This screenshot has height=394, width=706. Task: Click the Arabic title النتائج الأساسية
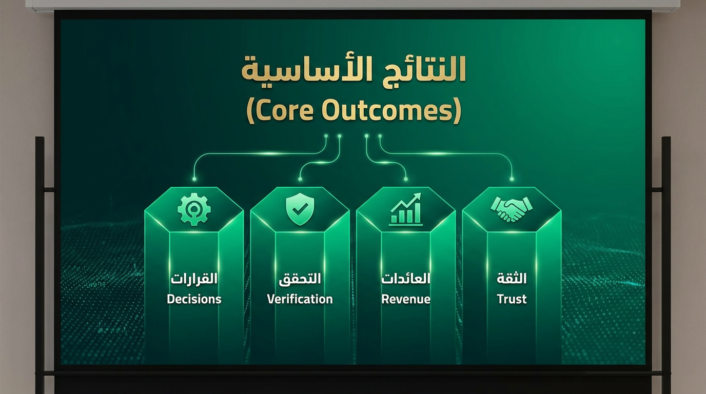tap(354, 70)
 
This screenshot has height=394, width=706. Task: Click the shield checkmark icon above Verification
tap(300, 210)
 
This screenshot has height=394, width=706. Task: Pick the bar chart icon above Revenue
tap(405, 210)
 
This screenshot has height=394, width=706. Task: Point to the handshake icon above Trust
tap(511, 209)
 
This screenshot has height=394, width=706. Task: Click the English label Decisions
tap(194, 299)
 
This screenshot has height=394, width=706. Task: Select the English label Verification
tap(300, 299)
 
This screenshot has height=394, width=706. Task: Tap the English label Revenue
tap(405, 299)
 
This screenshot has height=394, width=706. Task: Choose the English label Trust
tap(512, 299)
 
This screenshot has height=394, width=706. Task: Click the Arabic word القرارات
tap(194, 279)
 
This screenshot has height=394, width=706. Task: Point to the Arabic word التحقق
tap(300, 279)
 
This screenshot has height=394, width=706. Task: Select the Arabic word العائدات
tap(405, 279)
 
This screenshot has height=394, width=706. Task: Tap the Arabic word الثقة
tap(512, 279)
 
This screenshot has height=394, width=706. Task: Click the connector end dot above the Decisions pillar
tap(194, 179)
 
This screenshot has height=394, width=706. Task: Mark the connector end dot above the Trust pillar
tap(512, 179)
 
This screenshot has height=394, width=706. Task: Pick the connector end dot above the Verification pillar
tap(300, 179)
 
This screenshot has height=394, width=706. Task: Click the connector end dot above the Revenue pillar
tap(406, 179)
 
